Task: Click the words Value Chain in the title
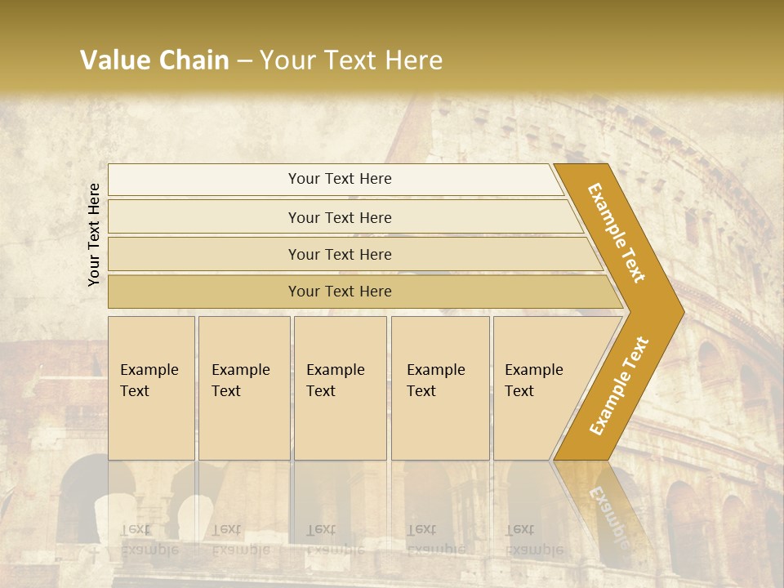point(154,60)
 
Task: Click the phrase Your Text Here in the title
point(351,60)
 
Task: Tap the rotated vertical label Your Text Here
point(94,234)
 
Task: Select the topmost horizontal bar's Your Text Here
point(340,179)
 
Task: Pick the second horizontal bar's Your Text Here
point(340,218)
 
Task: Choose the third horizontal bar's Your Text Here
point(340,255)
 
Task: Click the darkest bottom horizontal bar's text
point(340,292)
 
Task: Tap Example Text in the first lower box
point(149,381)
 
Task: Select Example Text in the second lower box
point(240,381)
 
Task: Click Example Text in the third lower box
point(335,381)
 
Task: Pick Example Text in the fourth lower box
point(435,381)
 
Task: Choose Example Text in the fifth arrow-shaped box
point(533,381)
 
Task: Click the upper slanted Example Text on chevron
point(617,233)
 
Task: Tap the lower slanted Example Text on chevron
point(618,386)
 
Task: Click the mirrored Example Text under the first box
point(149,540)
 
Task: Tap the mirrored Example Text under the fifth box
point(533,540)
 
